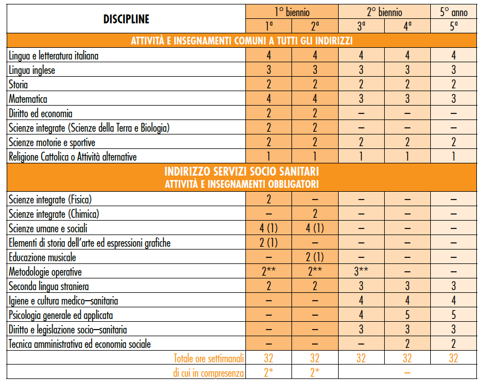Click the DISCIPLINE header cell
126,19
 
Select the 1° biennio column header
292,12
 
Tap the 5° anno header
454,12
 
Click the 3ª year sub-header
361,26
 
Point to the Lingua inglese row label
32,71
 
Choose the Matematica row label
28,99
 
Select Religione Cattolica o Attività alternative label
73,157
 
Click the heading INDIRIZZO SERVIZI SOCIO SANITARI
241,170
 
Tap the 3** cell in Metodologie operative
361,272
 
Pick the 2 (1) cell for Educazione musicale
315,258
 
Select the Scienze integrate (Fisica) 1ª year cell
269,200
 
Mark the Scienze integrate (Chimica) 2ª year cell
315,214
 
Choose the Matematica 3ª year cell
361,99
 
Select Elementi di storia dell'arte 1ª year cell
269,243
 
